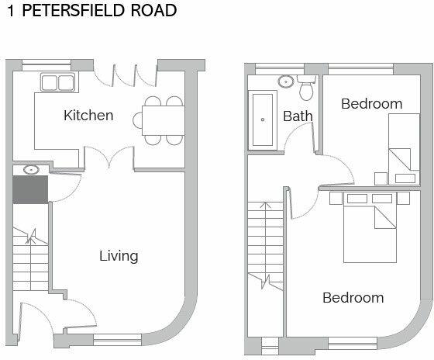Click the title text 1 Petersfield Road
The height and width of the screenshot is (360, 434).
92,12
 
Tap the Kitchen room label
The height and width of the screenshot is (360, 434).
88,116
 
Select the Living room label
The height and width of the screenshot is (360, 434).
119,255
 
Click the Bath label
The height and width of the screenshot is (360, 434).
298,116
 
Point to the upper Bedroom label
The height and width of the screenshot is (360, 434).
371,103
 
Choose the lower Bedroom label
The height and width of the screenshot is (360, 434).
353,297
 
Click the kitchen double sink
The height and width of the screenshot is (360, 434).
57,83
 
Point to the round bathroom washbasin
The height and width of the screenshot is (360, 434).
284,80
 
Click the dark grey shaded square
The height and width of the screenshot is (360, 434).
30,190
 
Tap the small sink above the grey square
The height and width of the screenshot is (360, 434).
31,169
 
